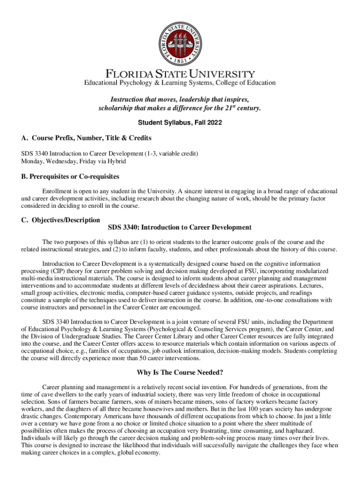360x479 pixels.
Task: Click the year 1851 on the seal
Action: click(x=180, y=61)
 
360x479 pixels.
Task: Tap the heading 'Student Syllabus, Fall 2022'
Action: click(x=180, y=123)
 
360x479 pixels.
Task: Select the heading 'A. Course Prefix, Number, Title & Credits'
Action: click(x=86, y=138)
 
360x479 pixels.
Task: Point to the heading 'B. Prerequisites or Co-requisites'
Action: click(x=70, y=176)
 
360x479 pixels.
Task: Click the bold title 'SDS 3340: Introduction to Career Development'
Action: click(x=180, y=228)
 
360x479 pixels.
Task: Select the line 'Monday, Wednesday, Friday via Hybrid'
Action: click(x=73, y=161)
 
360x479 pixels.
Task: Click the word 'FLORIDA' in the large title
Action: click(x=125, y=74)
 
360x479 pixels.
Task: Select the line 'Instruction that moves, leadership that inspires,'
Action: click(x=180, y=100)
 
